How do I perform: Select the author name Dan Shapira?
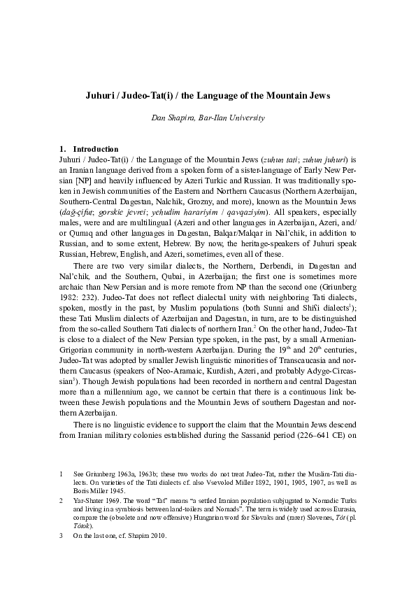tap(172, 118)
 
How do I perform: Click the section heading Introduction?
tap(96, 149)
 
